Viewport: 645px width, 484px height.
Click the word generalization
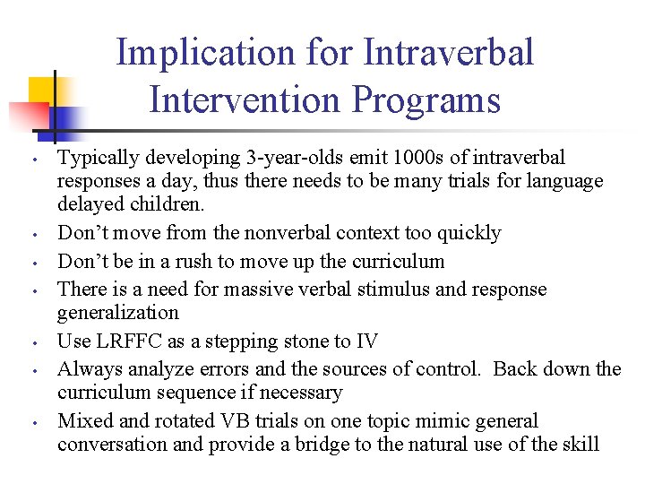pos(118,313)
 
